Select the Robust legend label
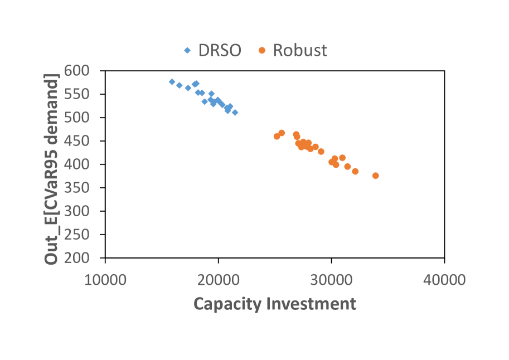300,50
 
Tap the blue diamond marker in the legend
187,51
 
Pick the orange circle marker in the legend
261,51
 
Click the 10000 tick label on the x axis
105,280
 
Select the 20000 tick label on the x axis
219,280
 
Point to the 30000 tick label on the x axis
331,280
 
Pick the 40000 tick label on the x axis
444,280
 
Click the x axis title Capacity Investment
274,304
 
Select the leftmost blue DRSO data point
172,82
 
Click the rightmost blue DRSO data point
235,113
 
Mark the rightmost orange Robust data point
375,176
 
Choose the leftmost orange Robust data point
277,136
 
